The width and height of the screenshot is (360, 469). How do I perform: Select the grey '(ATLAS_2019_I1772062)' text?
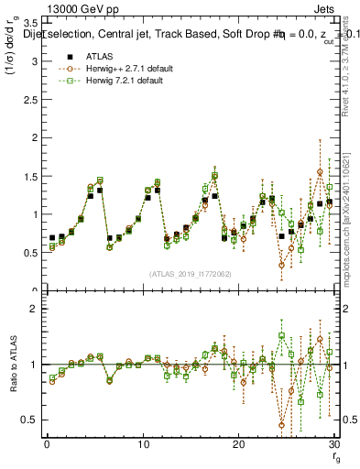point(190,273)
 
